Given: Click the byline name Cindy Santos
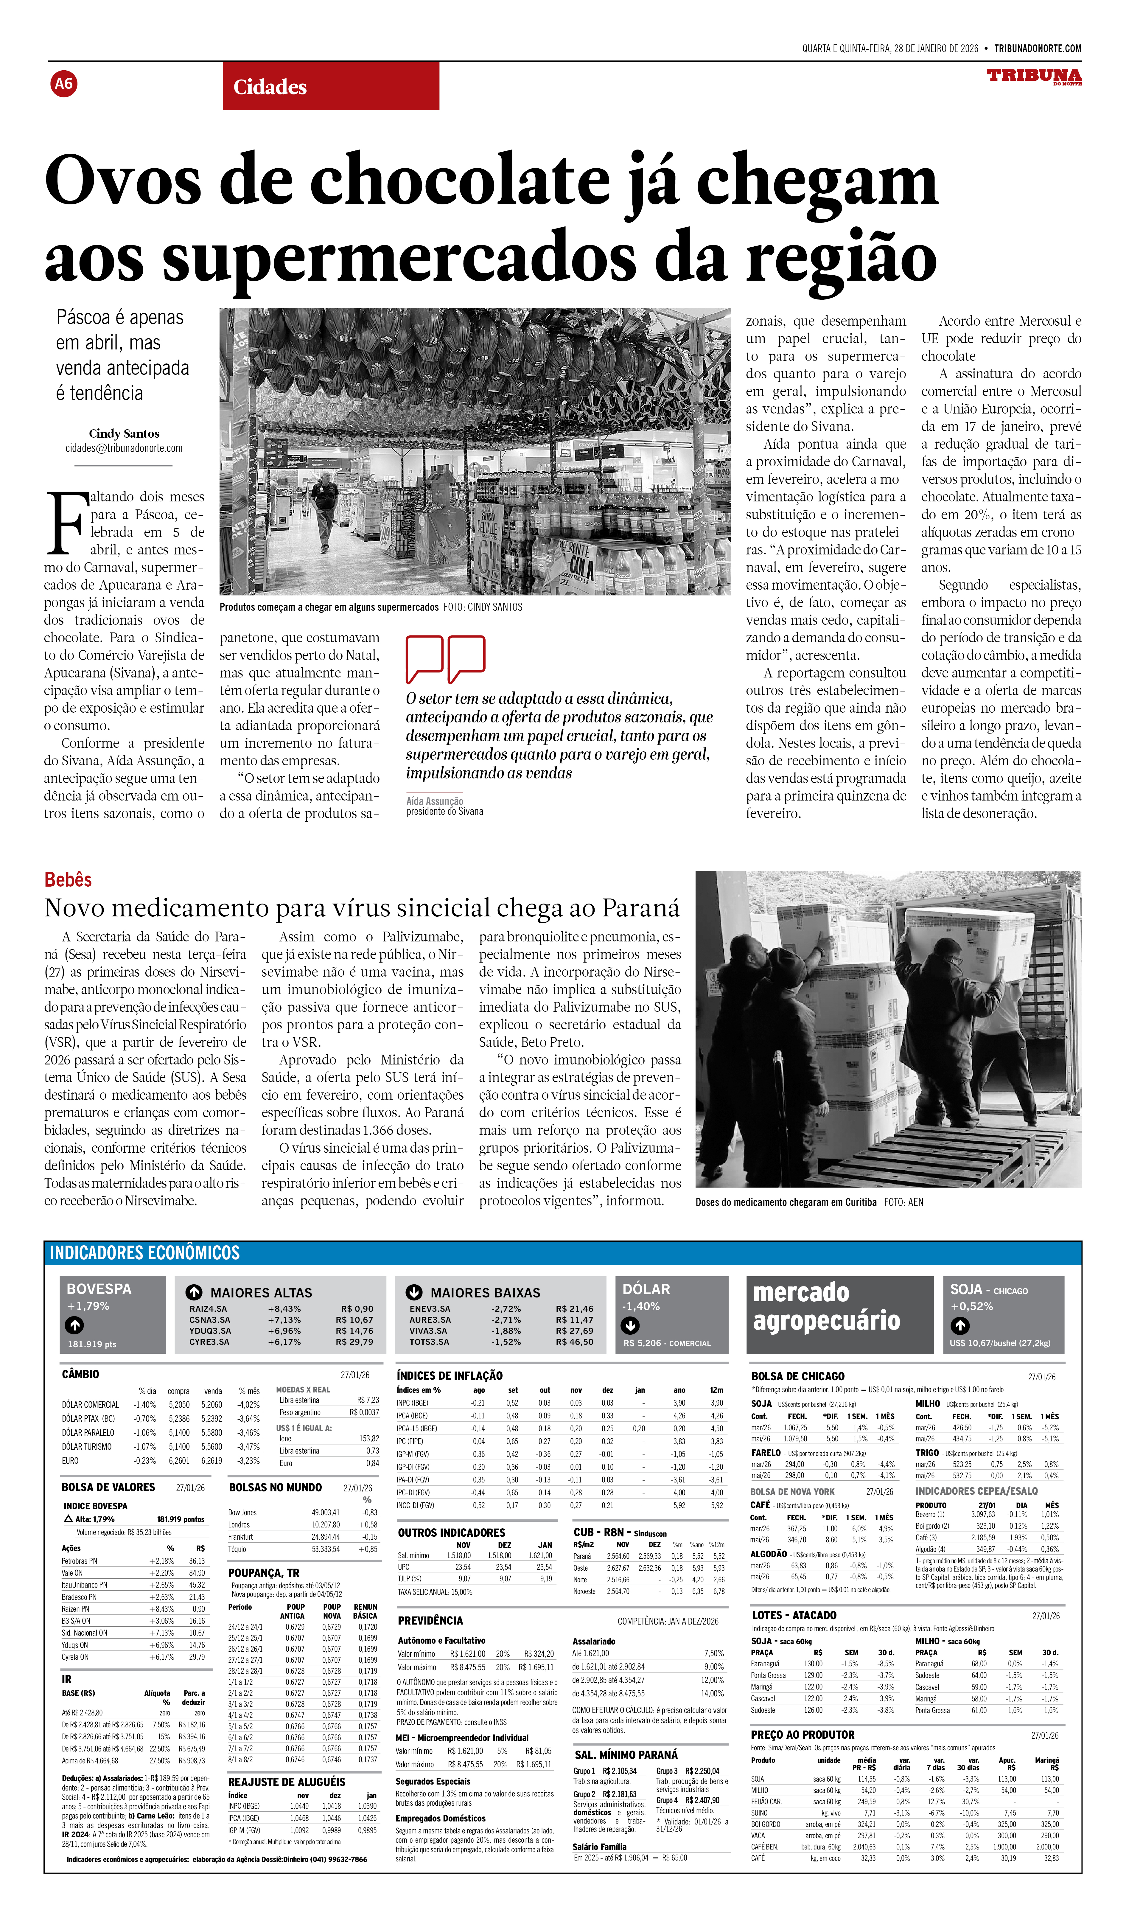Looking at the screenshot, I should click(x=124, y=433).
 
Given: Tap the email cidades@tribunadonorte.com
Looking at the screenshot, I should click(x=124, y=448).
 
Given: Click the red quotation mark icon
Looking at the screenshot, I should click(x=445, y=658).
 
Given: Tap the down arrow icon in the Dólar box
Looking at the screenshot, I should click(x=630, y=1325).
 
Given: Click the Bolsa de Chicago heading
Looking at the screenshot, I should click(x=797, y=1376).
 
